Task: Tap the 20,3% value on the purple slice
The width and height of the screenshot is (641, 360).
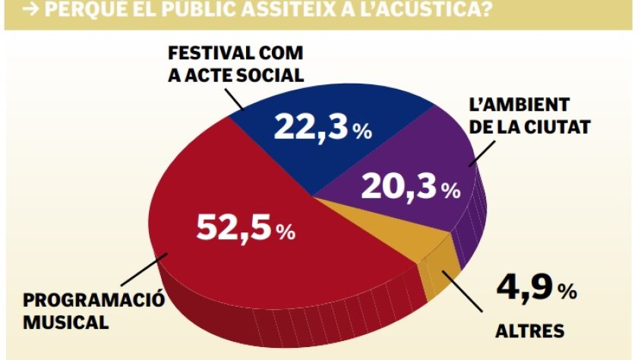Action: click(410, 186)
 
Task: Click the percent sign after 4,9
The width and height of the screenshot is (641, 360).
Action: click(567, 292)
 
